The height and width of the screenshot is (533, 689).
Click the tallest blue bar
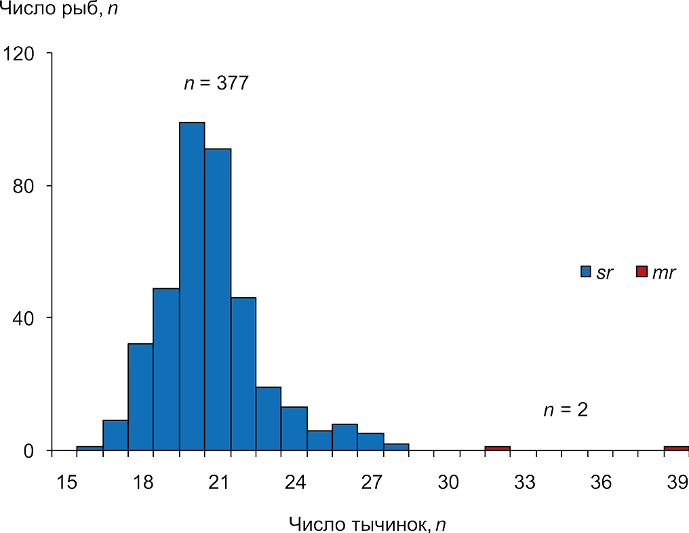coord(192,285)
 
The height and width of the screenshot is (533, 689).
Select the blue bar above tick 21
coord(218,298)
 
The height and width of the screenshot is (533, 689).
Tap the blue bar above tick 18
coord(140,397)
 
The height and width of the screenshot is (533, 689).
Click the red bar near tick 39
coord(677,448)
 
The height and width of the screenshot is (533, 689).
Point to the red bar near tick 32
coord(497,448)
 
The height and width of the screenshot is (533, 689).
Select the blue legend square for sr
coord(587,272)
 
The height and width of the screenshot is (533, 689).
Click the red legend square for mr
coord(641,272)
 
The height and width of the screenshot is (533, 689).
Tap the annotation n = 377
coord(216,84)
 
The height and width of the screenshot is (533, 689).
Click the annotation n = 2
coord(565,410)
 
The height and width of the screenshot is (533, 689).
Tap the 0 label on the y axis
coord(31,450)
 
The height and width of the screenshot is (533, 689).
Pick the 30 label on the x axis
coord(448,482)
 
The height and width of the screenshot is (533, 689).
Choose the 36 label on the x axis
coord(601,482)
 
